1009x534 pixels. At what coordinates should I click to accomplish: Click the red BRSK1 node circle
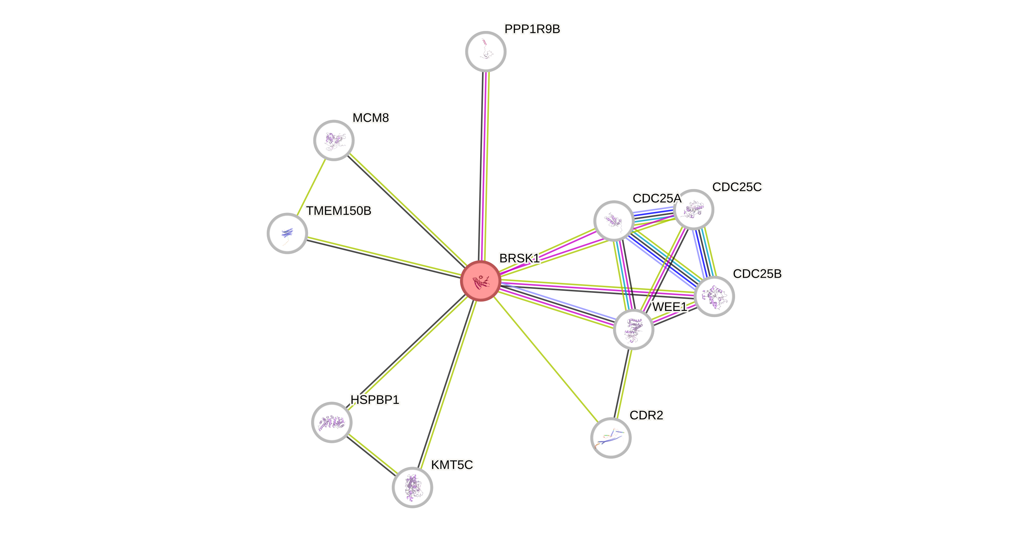[x=480, y=281]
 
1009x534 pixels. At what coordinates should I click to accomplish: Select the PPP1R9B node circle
[x=486, y=51]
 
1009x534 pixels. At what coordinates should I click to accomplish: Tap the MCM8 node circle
[x=334, y=140]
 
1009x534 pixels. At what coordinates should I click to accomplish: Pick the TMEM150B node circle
[x=287, y=233]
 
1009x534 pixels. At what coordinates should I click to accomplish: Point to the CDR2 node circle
[x=611, y=437]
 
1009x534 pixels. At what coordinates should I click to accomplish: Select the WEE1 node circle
[x=633, y=329]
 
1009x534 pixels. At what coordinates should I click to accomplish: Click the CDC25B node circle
[x=714, y=296]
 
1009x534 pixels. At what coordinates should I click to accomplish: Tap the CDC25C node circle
[x=694, y=210]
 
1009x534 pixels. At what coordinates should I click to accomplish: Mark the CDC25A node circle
[x=614, y=221]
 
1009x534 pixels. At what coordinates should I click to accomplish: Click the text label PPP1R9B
[x=532, y=29]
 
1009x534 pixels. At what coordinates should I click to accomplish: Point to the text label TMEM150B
[x=338, y=211]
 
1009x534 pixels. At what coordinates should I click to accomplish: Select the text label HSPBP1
[x=375, y=400]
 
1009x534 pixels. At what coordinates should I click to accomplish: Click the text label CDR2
[x=646, y=415]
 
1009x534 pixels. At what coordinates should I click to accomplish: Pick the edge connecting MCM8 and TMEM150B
[x=310, y=187]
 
